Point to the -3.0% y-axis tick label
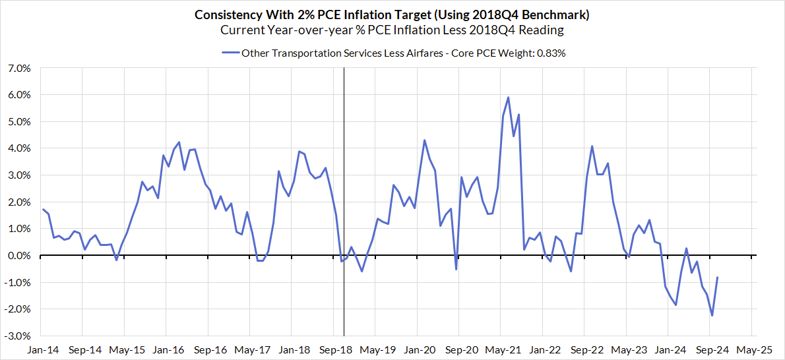pyautogui.click(x=18, y=336)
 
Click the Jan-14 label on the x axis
pyautogui.click(x=40, y=348)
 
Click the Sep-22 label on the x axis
pyautogui.click(x=585, y=348)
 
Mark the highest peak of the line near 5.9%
pyautogui.click(x=508, y=98)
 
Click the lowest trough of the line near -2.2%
pyautogui.click(x=712, y=315)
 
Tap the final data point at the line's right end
pyautogui.click(x=717, y=278)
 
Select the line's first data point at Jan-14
pyautogui.click(x=44, y=210)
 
